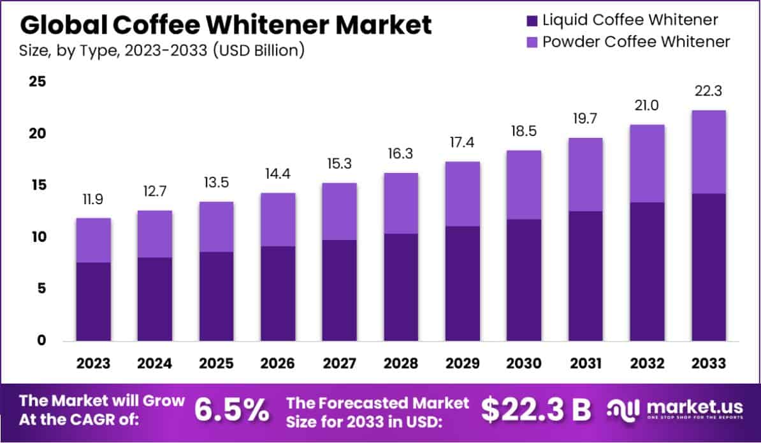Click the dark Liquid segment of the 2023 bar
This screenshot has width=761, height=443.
(93, 301)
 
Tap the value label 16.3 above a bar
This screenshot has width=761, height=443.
(400, 154)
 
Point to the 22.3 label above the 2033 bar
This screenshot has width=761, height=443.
(709, 91)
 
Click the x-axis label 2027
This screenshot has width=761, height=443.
(339, 363)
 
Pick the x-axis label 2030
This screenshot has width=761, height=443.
(524, 363)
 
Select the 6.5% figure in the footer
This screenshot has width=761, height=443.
(231, 410)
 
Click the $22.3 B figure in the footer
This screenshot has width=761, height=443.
(535, 410)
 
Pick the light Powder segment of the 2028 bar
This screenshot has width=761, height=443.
(400, 203)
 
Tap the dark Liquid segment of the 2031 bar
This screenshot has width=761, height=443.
(585, 276)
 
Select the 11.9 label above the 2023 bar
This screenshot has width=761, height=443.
(93, 199)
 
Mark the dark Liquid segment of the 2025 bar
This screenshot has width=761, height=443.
(216, 296)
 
